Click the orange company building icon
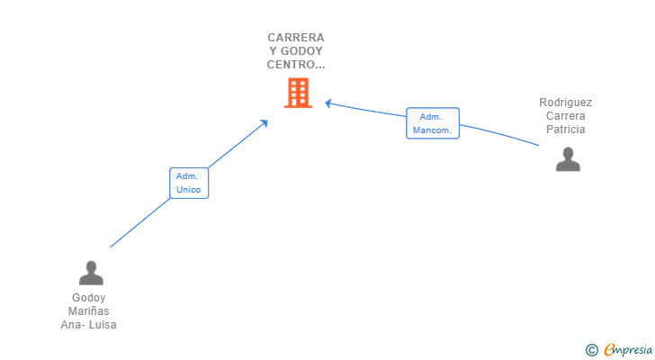(298, 93)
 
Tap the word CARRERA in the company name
(296, 38)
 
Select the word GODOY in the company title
(301, 51)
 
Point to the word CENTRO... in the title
(296, 65)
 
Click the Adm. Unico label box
(189, 183)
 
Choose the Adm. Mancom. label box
(433, 123)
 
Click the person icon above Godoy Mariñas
(91, 273)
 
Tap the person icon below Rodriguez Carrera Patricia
(568, 159)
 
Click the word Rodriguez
(565, 103)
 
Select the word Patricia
(566, 130)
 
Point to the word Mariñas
(88, 311)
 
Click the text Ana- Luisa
(88, 325)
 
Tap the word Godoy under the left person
(88, 298)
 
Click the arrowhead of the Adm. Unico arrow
(264, 123)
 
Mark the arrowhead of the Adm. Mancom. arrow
(328, 103)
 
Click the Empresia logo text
(627, 350)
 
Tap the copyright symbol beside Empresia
(591, 350)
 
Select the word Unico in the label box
(188, 190)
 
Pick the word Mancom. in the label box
(432, 130)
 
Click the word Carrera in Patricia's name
(566, 116)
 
